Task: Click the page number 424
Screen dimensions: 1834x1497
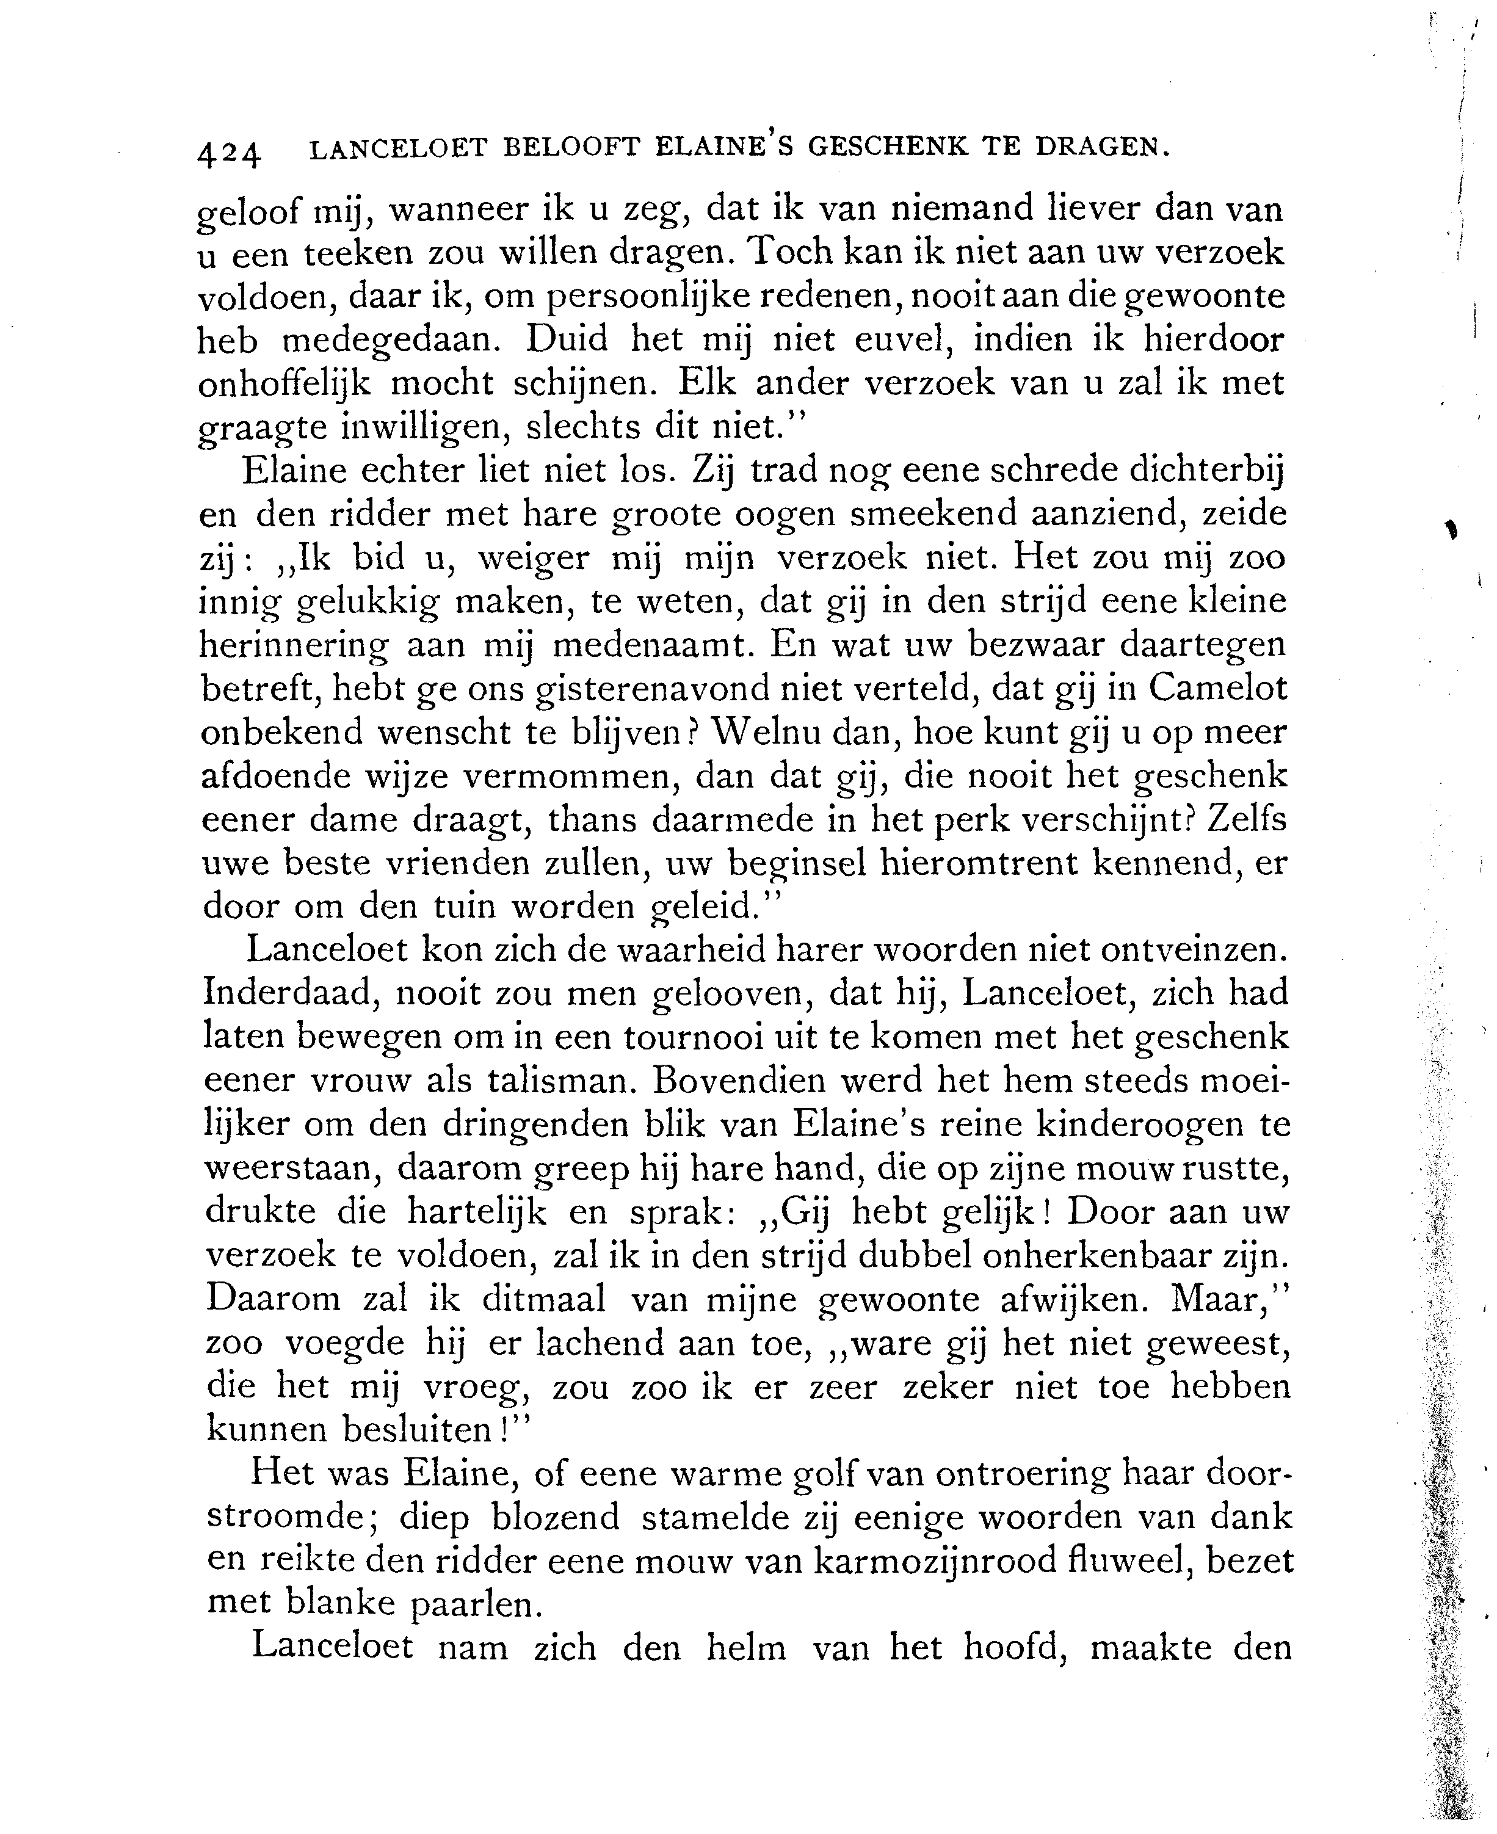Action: (228, 153)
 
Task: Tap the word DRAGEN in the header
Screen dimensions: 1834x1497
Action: (1103, 148)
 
